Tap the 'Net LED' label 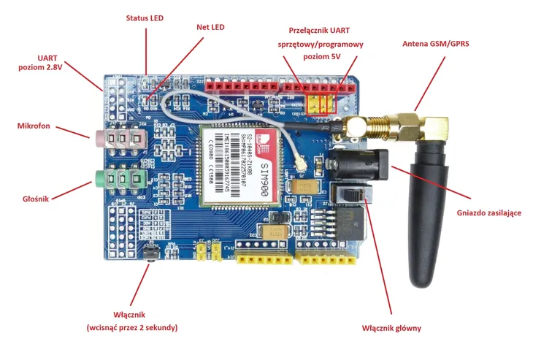click(x=210, y=28)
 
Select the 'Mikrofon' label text click(x=34, y=126)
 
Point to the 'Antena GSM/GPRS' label click(x=436, y=44)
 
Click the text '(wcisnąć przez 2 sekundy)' click(x=131, y=327)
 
